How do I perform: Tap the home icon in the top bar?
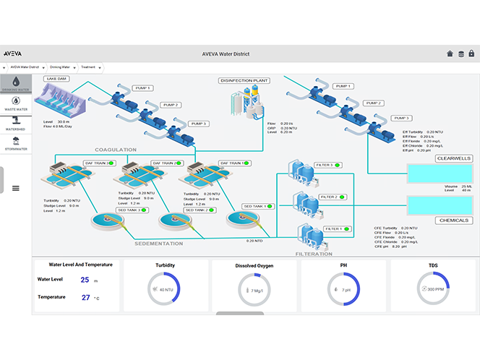tap(450, 53)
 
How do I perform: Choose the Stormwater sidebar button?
tap(15, 144)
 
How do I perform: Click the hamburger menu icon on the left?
tap(16, 188)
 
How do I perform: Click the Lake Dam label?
tap(56, 79)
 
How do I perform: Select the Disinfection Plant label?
tap(245, 80)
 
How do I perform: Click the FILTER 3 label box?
tap(327, 165)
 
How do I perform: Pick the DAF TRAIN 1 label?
tap(233, 163)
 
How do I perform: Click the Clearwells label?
tap(453, 158)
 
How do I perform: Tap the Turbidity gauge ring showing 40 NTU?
tap(166, 289)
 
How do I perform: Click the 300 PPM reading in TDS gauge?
tap(435, 289)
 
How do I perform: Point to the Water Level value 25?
tap(85, 279)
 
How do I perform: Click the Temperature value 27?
tap(85, 297)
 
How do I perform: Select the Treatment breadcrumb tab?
tap(88, 67)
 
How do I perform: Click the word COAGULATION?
tap(116, 150)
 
